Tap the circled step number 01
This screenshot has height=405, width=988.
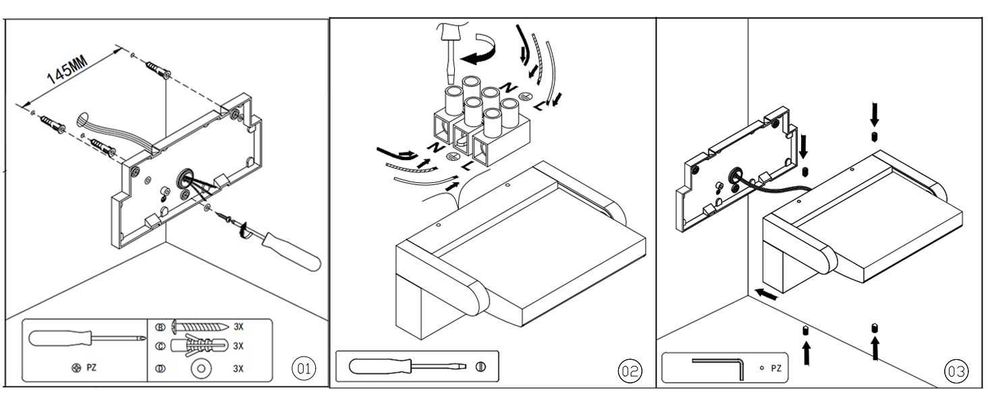[x=303, y=369]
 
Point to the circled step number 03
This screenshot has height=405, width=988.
[x=956, y=371]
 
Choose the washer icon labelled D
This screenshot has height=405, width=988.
[x=200, y=369]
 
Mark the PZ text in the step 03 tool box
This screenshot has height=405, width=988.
[x=775, y=369]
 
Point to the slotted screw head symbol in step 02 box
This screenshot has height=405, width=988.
[x=480, y=367]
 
